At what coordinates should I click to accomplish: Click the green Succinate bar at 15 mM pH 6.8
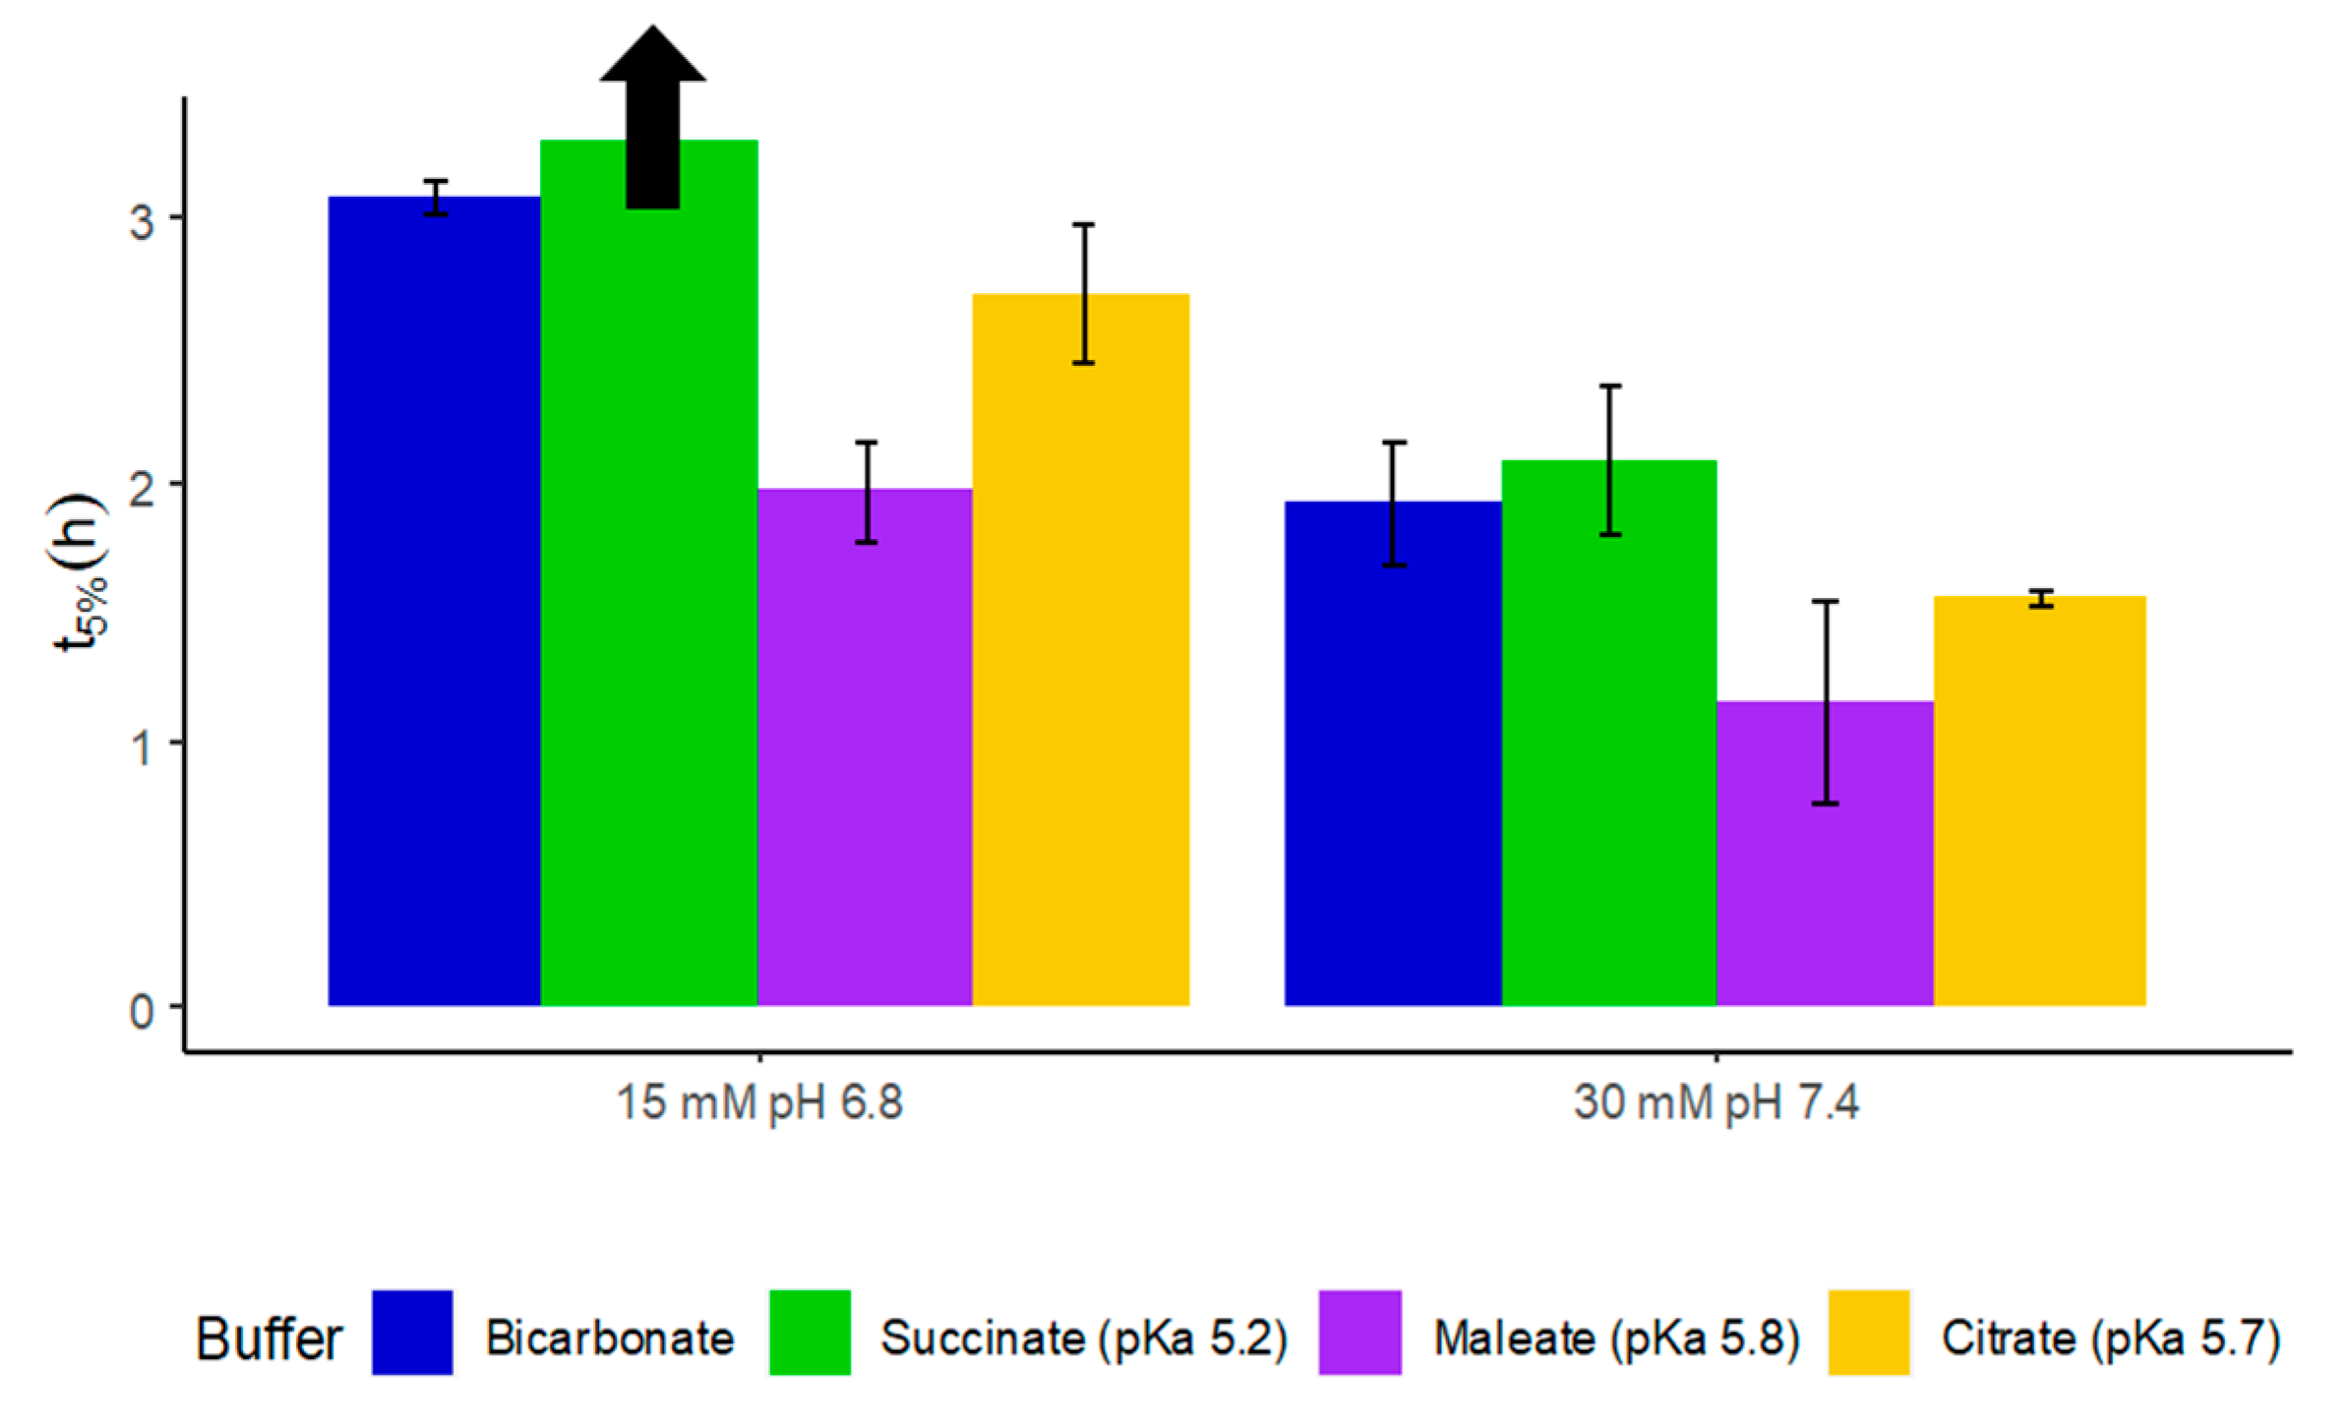[x=649, y=610]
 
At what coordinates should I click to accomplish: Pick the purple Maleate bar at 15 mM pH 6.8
[x=865, y=747]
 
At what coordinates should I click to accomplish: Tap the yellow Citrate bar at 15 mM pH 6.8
[x=1081, y=649]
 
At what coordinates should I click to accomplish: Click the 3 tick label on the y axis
[x=142, y=221]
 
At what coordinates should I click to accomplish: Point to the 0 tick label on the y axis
[x=142, y=1011]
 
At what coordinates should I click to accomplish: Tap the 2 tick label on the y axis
[x=142, y=489]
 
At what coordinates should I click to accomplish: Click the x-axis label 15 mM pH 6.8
[x=759, y=1102]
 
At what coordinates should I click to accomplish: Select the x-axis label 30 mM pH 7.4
[x=1716, y=1102]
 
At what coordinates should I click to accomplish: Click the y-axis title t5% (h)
[x=79, y=572]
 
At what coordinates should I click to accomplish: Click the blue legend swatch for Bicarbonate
[x=412, y=1332]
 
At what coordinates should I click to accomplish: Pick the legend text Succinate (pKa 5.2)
[x=1083, y=1338]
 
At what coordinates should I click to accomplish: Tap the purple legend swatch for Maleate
[x=1359, y=1332]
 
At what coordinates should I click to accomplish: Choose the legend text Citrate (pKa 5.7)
[x=2110, y=1338]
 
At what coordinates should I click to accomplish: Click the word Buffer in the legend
[x=269, y=1338]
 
